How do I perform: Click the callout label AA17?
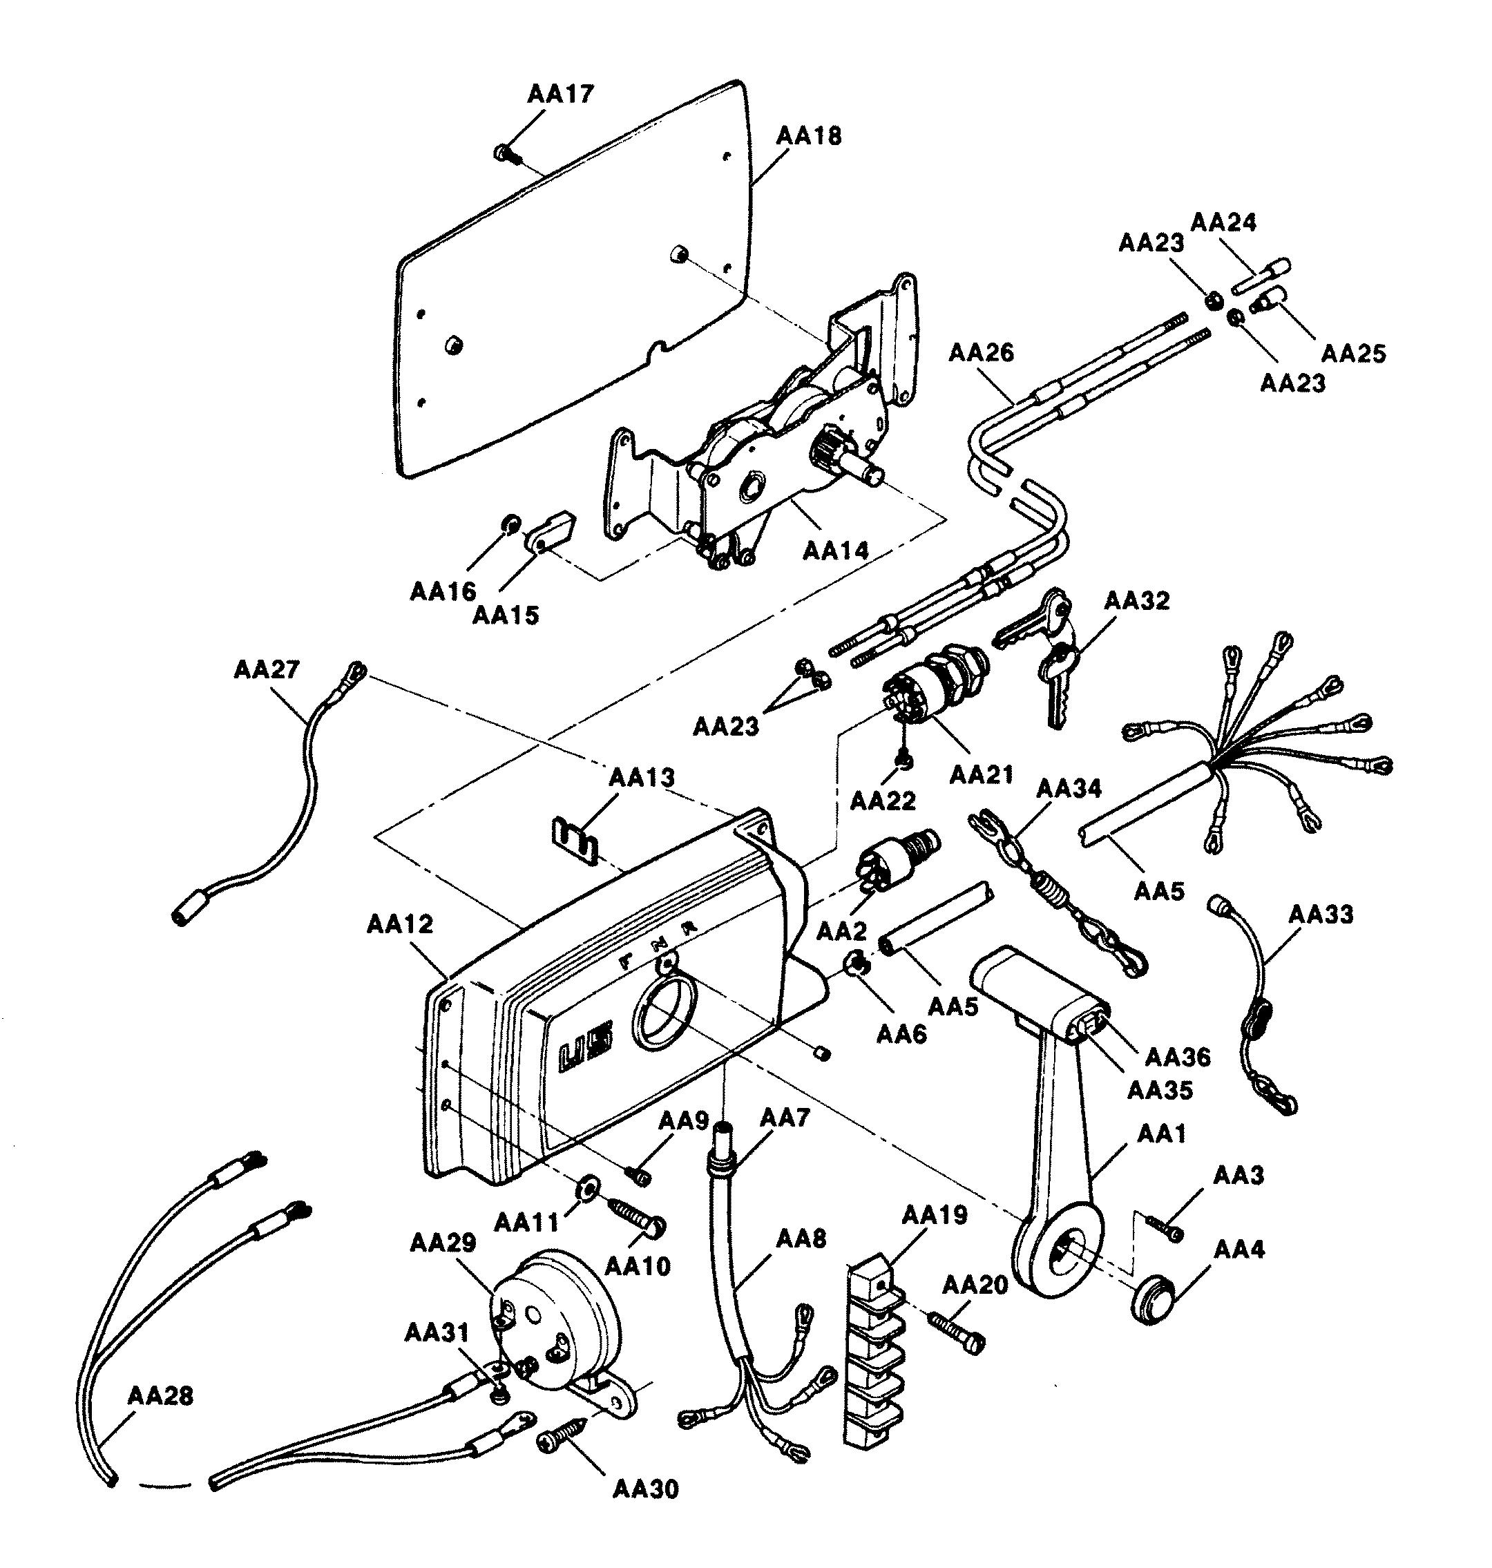(x=560, y=94)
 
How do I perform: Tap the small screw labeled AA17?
(x=504, y=152)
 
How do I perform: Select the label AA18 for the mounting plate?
(x=808, y=136)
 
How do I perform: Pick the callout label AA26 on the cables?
(x=981, y=352)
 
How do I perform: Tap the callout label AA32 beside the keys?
(x=1136, y=600)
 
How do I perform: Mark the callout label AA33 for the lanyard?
(x=1320, y=915)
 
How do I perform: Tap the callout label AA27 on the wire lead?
(x=267, y=669)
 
